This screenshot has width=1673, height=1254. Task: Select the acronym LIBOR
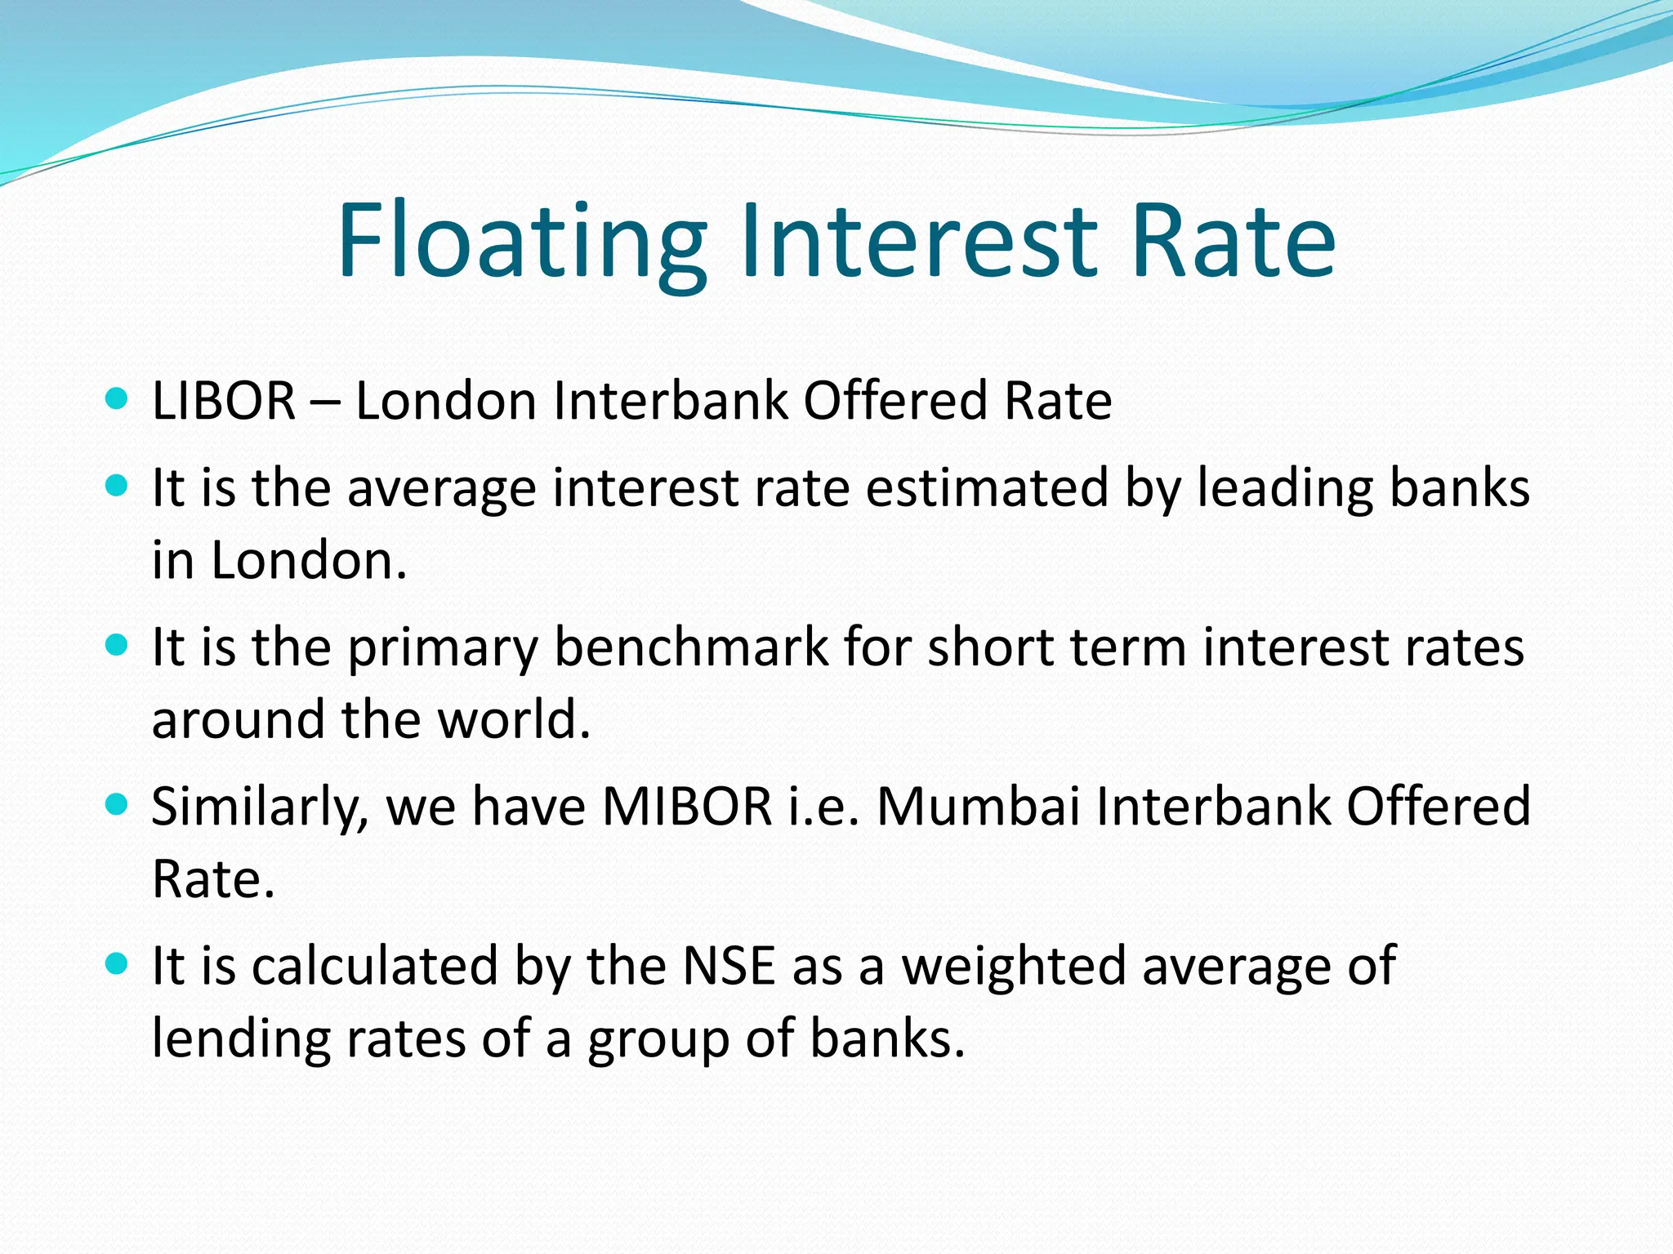point(223,401)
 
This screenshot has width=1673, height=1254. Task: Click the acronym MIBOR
point(687,807)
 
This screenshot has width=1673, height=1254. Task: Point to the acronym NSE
point(728,966)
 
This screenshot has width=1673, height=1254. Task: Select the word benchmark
point(691,647)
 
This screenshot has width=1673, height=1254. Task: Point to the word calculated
point(374,966)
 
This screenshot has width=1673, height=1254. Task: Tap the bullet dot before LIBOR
point(117,399)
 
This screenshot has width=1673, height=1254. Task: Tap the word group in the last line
point(658,1040)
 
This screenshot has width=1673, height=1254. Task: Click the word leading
point(1285,488)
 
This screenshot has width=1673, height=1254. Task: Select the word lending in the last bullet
point(241,1038)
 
